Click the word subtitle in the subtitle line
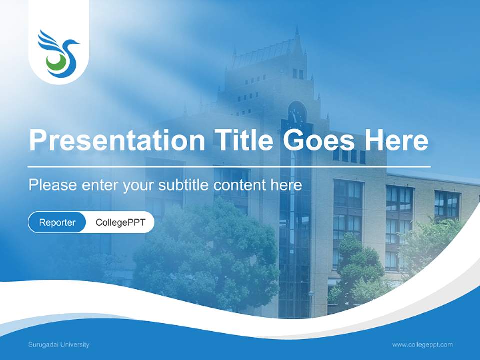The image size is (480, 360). [x=186, y=185]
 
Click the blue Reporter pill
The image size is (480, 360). [x=57, y=222]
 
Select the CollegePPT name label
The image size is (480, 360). [x=120, y=222]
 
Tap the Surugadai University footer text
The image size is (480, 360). [x=59, y=344]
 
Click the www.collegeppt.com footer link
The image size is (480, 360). [x=422, y=344]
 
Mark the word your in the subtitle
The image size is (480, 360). [x=138, y=186]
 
